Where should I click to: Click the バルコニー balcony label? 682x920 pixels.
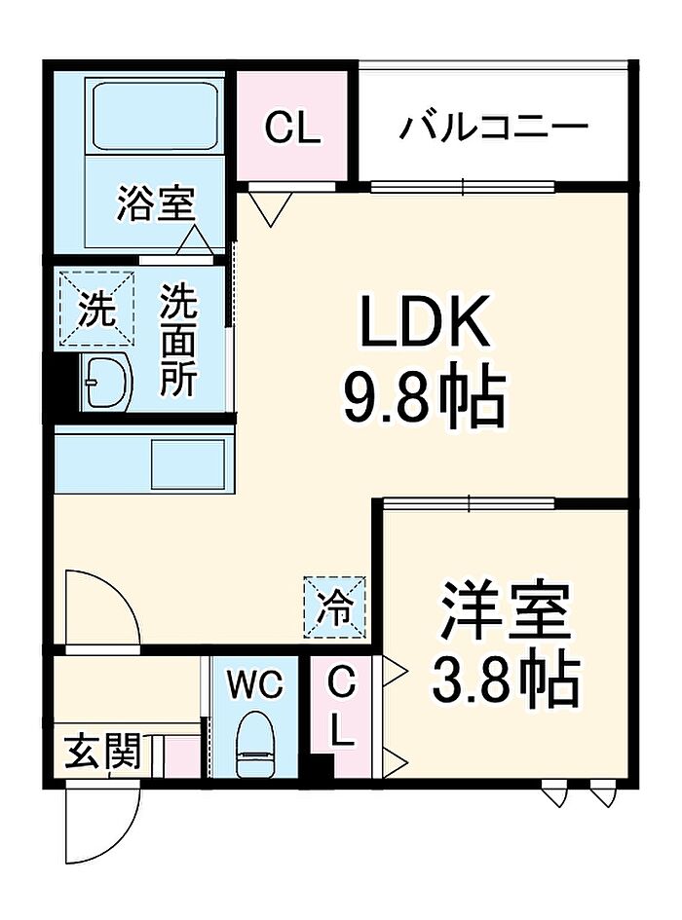(x=494, y=127)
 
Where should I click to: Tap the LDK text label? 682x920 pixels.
(x=425, y=321)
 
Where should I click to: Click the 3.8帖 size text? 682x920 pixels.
(x=506, y=679)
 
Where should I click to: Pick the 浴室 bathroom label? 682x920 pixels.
(x=156, y=203)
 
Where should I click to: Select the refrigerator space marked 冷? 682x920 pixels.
(x=334, y=607)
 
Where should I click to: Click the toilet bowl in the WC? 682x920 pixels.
(x=256, y=743)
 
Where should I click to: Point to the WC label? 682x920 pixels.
(x=255, y=684)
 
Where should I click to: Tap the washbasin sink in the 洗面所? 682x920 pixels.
(x=106, y=383)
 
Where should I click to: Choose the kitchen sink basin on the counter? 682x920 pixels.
(x=188, y=463)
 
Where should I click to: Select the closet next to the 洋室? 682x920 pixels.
(x=341, y=717)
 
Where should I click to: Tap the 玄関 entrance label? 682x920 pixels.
(x=103, y=752)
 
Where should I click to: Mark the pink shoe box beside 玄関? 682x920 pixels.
(x=181, y=756)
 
